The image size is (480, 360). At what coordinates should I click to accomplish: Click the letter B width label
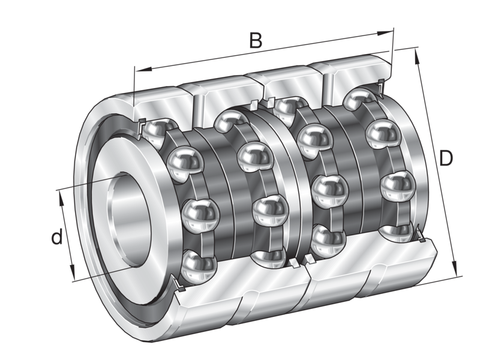tap(256, 41)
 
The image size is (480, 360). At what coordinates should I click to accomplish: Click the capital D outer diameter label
tap(445, 158)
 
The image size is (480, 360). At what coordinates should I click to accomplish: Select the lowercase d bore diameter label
tap(56, 238)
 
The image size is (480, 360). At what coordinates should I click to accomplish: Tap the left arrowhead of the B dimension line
tap(137, 71)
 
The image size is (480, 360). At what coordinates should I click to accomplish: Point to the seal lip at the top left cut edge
tap(140, 125)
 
